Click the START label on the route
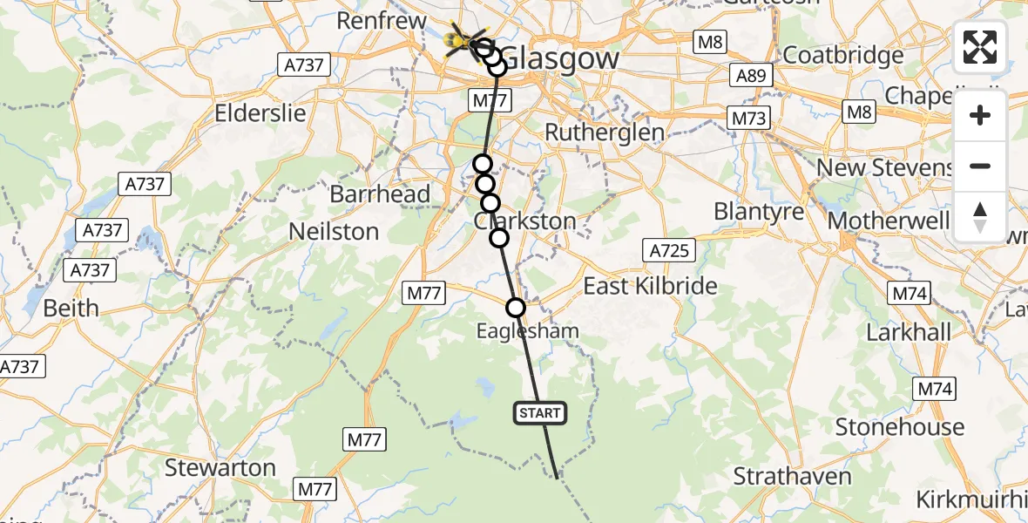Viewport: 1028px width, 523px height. (x=541, y=413)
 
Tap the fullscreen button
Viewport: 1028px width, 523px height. (x=980, y=47)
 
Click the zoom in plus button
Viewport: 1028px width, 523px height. (x=980, y=115)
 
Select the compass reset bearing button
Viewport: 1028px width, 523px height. (x=980, y=216)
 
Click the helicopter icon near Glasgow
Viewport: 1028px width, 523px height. (x=461, y=39)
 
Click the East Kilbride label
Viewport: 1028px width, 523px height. (x=650, y=286)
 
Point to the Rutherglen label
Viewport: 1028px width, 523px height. (x=604, y=132)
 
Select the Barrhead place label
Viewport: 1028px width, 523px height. (x=380, y=194)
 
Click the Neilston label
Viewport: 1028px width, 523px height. (x=335, y=232)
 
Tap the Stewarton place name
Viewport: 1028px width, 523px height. (x=220, y=467)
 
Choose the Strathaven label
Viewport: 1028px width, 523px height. (x=792, y=476)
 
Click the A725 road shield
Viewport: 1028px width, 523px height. (x=670, y=251)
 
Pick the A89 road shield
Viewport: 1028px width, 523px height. (x=751, y=76)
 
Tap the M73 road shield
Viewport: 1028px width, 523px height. (x=748, y=118)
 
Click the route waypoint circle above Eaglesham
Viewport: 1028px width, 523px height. (x=516, y=307)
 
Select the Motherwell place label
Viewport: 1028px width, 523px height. (x=888, y=220)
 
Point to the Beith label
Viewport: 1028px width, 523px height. (x=71, y=308)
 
